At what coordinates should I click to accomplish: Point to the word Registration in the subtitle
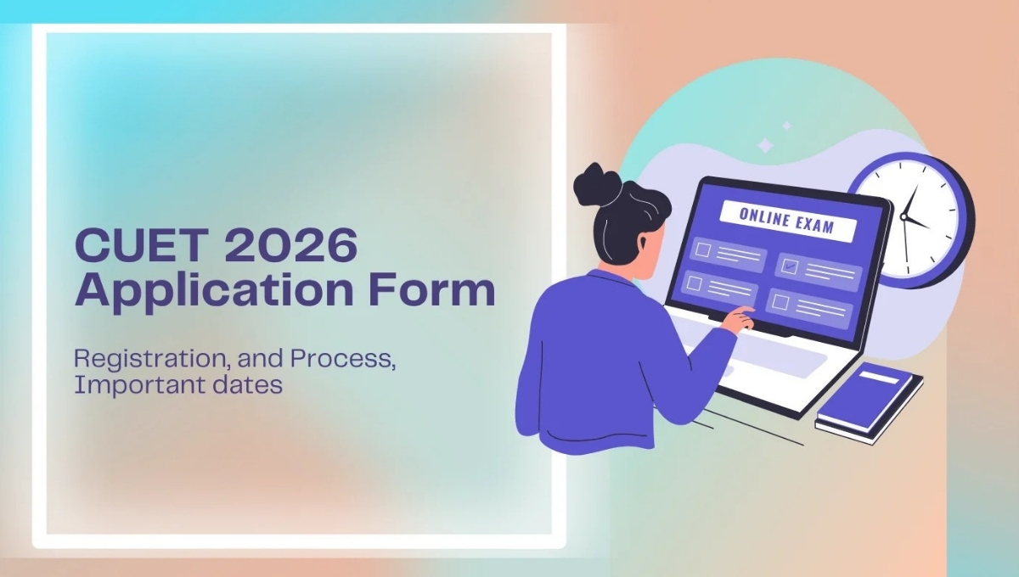click(138, 358)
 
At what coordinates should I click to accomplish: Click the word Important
click(127, 384)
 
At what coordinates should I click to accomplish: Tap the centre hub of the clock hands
click(904, 218)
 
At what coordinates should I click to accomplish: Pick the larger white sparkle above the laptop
click(765, 146)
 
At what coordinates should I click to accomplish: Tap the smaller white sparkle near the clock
click(786, 126)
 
